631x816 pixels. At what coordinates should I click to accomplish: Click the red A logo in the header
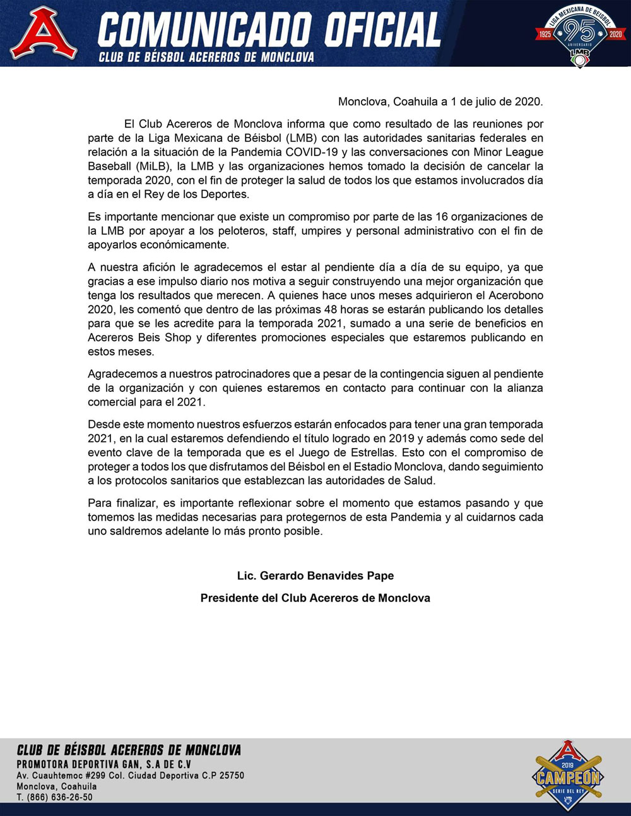tap(44, 33)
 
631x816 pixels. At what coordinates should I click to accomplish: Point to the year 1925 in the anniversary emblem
tap(545, 34)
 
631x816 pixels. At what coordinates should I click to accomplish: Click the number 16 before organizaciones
tap(442, 217)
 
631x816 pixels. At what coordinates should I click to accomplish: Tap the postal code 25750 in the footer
tap(231, 775)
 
